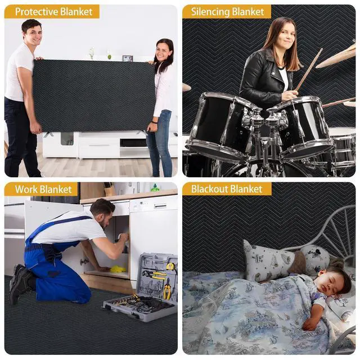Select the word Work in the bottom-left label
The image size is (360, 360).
tap(26, 189)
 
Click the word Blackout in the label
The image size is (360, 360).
tap(209, 189)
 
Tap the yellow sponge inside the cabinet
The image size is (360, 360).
tap(118, 269)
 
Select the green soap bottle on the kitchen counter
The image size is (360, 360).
tap(155, 188)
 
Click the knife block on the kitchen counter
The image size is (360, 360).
tap(109, 190)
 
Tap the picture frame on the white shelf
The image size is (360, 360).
tap(128, 58)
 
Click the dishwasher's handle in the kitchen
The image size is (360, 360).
tap(160, 205)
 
